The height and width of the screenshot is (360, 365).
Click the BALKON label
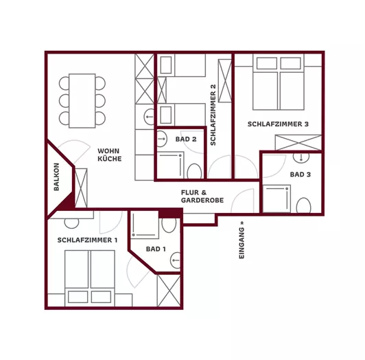click(x=56, y=177)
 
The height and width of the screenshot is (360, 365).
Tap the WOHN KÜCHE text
click(x=109, y=155)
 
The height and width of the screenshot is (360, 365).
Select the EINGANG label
click(x=242, y=240)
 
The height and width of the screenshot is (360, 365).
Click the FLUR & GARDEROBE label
click(x=202, y=196)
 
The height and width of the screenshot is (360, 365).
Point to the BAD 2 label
click(x=186, y=139)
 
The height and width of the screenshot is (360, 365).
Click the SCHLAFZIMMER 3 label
click(x=278, y=124)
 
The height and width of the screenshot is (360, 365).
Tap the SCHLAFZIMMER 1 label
click(x=87, y=240)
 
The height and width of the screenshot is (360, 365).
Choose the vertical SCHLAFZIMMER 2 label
click(x=213, y=115)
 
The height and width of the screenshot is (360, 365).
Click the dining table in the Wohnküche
click(x=82, y=101)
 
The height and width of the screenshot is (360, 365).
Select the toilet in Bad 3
click(x=303, y=205)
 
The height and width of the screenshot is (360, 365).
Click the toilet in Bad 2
click(x=194, y=171)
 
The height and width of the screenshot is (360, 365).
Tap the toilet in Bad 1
click(x=169, y=225)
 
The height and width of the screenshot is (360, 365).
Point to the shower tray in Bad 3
click(x=276, y=199)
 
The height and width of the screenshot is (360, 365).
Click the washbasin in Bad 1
click(x=176, y=260)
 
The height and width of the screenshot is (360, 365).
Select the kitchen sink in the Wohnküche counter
click(x=149, y=117)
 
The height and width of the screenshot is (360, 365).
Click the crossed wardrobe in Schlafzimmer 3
click(x=298, y=142)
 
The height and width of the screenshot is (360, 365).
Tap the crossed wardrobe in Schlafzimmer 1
click(x=169, y=291)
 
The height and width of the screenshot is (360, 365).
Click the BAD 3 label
click(x=301, y=175)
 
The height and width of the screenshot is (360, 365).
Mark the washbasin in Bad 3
click(x=301, y=157)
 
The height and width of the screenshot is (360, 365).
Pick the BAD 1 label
click(x=156, y=249)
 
